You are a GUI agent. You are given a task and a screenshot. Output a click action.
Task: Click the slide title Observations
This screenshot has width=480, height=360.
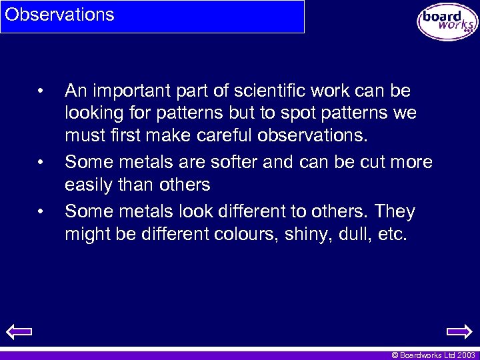pyautogui.click(x=60, y=15)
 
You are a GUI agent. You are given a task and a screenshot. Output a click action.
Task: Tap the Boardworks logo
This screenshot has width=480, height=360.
pyautogui.click(x=447, y=21)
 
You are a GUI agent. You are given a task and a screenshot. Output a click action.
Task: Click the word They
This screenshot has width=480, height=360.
pyautogui.click(x=395, y=212)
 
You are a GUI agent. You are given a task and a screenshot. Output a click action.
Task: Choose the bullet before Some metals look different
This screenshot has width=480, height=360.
pyautogui.click(x=41, y=213)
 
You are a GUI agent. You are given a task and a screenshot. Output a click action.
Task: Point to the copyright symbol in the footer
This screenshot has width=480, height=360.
pyautogui.click(x=395, y=355)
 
